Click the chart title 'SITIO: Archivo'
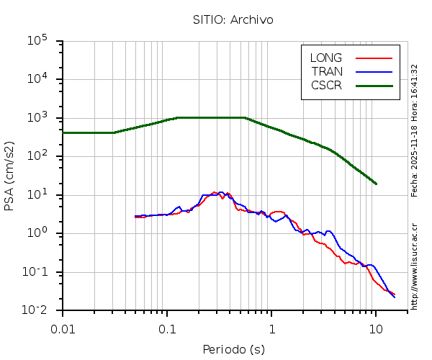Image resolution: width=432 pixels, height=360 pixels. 233,19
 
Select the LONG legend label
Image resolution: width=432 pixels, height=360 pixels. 326,58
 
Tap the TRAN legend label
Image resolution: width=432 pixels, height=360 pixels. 327,71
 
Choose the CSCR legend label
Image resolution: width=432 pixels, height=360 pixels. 326,85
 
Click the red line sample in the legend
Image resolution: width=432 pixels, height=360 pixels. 374,58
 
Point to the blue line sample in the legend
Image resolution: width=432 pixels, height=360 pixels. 374,71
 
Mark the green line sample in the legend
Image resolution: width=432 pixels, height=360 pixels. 374,85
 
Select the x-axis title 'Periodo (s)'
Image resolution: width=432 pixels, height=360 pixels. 233,350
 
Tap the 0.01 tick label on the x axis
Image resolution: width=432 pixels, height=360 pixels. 63,329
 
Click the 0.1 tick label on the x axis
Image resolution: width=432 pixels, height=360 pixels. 167,329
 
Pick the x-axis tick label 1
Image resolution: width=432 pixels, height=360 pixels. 271,329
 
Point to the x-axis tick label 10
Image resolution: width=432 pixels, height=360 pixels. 376,329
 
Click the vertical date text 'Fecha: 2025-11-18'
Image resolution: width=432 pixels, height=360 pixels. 415,158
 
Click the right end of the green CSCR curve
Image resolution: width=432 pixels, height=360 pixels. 376,184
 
